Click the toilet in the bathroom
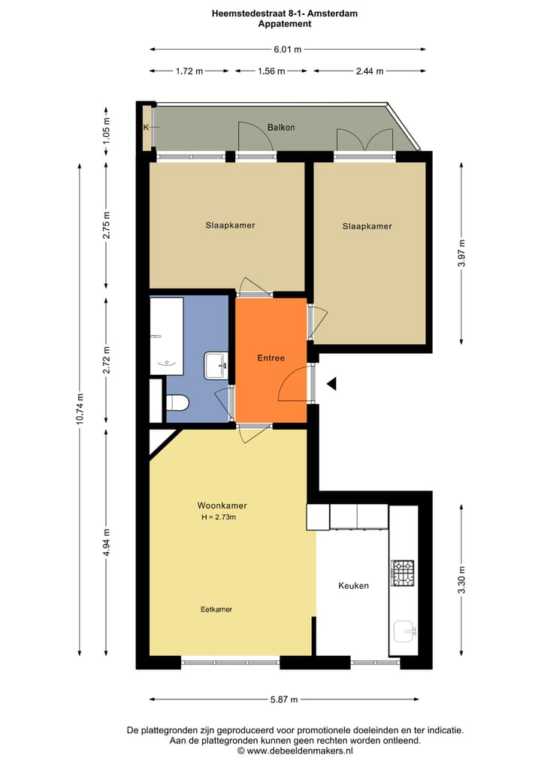point(177,403)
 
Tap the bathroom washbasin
point(216,366)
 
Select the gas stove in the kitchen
point(403,573)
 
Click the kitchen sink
point(405,633)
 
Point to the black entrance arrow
point(331,385)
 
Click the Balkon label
point(281,128)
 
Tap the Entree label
point(271,358)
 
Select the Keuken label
point(353,586)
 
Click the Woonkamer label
point(222,506)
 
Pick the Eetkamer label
point(216,609)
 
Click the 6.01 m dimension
point(288,50)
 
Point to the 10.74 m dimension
point(80,409)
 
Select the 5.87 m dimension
point(284,699)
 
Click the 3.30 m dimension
point(462,580)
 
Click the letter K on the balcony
point(146,128)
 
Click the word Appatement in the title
point(284,24)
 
